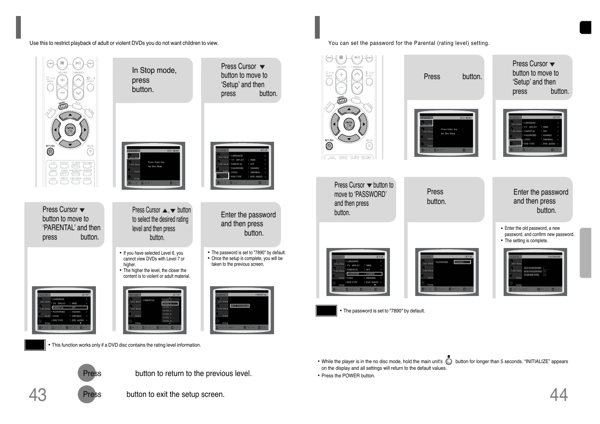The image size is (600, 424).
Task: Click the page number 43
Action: tap(38, 395)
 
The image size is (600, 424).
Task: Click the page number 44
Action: tap(558, 395)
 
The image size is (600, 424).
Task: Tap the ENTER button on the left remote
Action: tap(70, 130)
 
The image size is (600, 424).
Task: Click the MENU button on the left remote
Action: tap(63, 106)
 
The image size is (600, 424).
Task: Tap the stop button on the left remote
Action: tap(62, 63)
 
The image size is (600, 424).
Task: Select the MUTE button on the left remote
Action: tap(90, 152)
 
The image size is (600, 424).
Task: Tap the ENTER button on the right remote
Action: tap(349, 124)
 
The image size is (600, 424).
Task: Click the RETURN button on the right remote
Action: tap(329, 146)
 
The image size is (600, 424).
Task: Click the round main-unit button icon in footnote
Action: tap(449, 362)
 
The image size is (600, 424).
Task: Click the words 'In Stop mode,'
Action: tap(154, 70)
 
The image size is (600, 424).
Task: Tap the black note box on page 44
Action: tap(326, 311)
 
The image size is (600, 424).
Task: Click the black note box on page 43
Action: tap(35, 345)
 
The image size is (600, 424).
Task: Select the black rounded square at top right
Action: tap(585, 28)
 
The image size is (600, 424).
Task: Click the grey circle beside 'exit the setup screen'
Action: tap(87, 394)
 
